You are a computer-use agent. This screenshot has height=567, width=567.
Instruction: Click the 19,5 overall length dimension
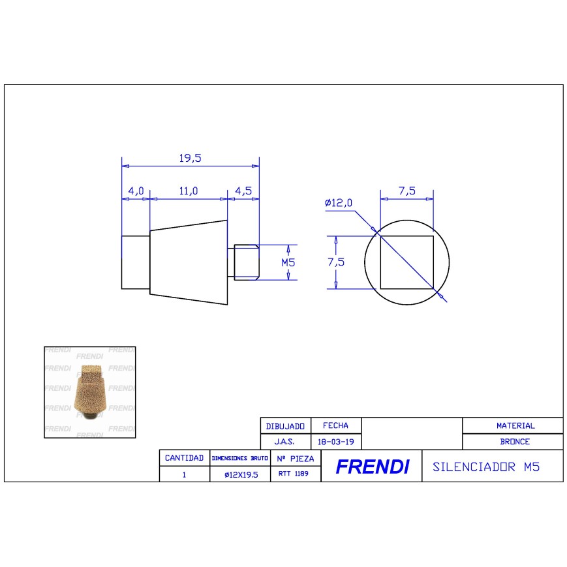(x=191, y=158)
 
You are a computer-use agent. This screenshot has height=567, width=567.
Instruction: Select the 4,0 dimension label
(x=136, y=191)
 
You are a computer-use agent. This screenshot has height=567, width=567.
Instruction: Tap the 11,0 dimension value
(x=189, y=191)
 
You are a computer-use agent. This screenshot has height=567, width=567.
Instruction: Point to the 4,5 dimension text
(x=243, y=191)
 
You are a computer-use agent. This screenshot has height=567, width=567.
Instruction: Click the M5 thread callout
(x=288, y=262)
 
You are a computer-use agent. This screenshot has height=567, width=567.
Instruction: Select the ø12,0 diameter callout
(x=339, y=202)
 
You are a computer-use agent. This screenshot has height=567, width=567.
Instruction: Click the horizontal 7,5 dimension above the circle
(x=406, y=191)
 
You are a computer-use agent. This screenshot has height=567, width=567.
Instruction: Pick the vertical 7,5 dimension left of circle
(x=336, y=262)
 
